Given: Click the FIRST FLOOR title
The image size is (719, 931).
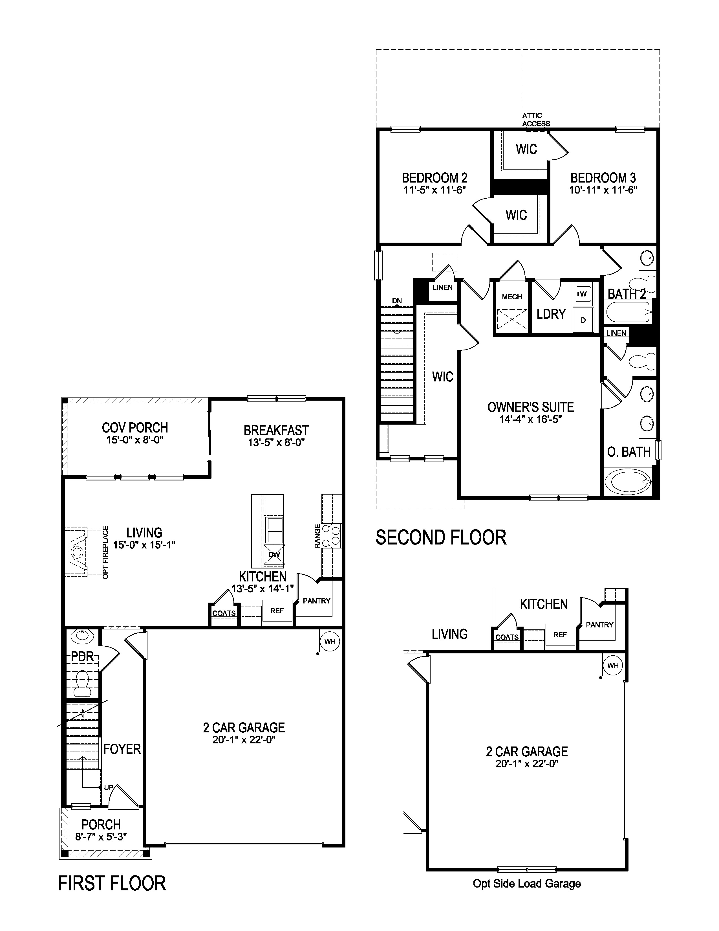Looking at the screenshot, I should [x=112, y=883].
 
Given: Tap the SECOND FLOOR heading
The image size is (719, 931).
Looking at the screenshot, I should [x=441, y=537].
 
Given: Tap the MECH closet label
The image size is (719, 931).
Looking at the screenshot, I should [x=511, y=297].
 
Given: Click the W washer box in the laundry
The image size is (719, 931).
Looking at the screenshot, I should [x=583, y=294].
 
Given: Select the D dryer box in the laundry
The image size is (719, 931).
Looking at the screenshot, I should [x=583, y=320].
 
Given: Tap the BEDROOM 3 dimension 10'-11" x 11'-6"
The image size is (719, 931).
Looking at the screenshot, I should [x=603, y=190].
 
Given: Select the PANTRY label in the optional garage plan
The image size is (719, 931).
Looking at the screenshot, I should [x=599, y=625].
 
